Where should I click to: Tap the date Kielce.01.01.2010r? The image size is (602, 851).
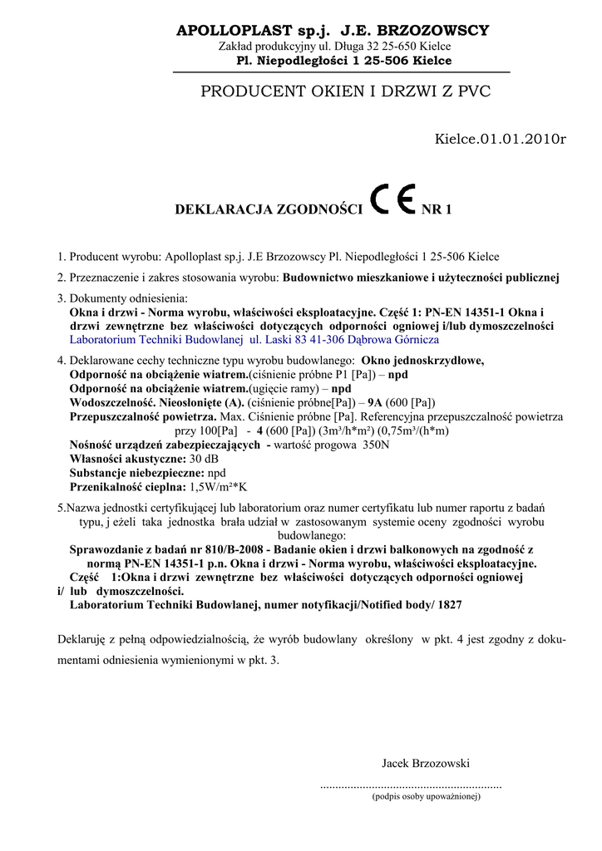[x=500, y=138]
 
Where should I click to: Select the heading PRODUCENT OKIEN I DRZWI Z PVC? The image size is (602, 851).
[x=346, y=91]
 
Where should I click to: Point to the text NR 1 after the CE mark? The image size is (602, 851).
[x=437, y=209]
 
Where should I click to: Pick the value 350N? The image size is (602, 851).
[x=375, y=445]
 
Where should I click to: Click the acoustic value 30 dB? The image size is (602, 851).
[x=205, y=459]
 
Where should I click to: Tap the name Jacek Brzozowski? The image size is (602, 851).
[x=426, y=763]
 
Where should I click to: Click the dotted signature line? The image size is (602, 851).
[x=411, y=785]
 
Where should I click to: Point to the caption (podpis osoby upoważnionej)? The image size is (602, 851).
[x=426, y=796]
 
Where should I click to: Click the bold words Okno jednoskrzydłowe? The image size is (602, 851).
[x=423, y=361]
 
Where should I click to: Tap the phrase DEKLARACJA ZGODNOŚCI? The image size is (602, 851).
[x=269, y=209]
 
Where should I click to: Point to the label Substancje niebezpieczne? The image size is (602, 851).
[x=136, y=472]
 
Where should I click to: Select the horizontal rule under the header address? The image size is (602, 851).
[x=341, y=72]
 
